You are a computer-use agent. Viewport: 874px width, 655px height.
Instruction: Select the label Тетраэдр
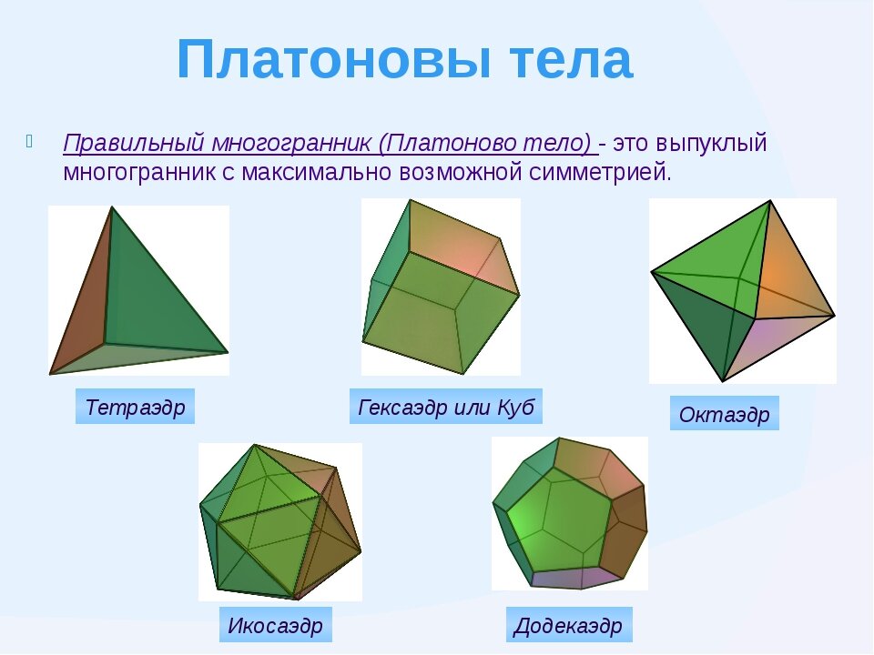pyautogui.click(x=135, y=407)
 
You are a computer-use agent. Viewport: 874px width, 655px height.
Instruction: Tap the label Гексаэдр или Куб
pyautogui.click(x=445, y=406)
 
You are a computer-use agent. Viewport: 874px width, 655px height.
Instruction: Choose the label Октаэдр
pyautogui.click(x=724, y=415)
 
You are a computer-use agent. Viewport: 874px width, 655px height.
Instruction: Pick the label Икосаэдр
pyautogui.click(x=275, y=626)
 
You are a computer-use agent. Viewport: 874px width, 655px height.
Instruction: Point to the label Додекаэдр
pyautogui.click(x=568, y=626)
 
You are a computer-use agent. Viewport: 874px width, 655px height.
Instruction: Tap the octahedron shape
pyautogui.click(x=742, y=291)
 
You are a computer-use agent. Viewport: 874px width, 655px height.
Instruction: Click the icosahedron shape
pyautogui.click(x=279, y=523)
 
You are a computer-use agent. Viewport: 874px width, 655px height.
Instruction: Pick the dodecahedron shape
pyautogui.click(x=570, y=514)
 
